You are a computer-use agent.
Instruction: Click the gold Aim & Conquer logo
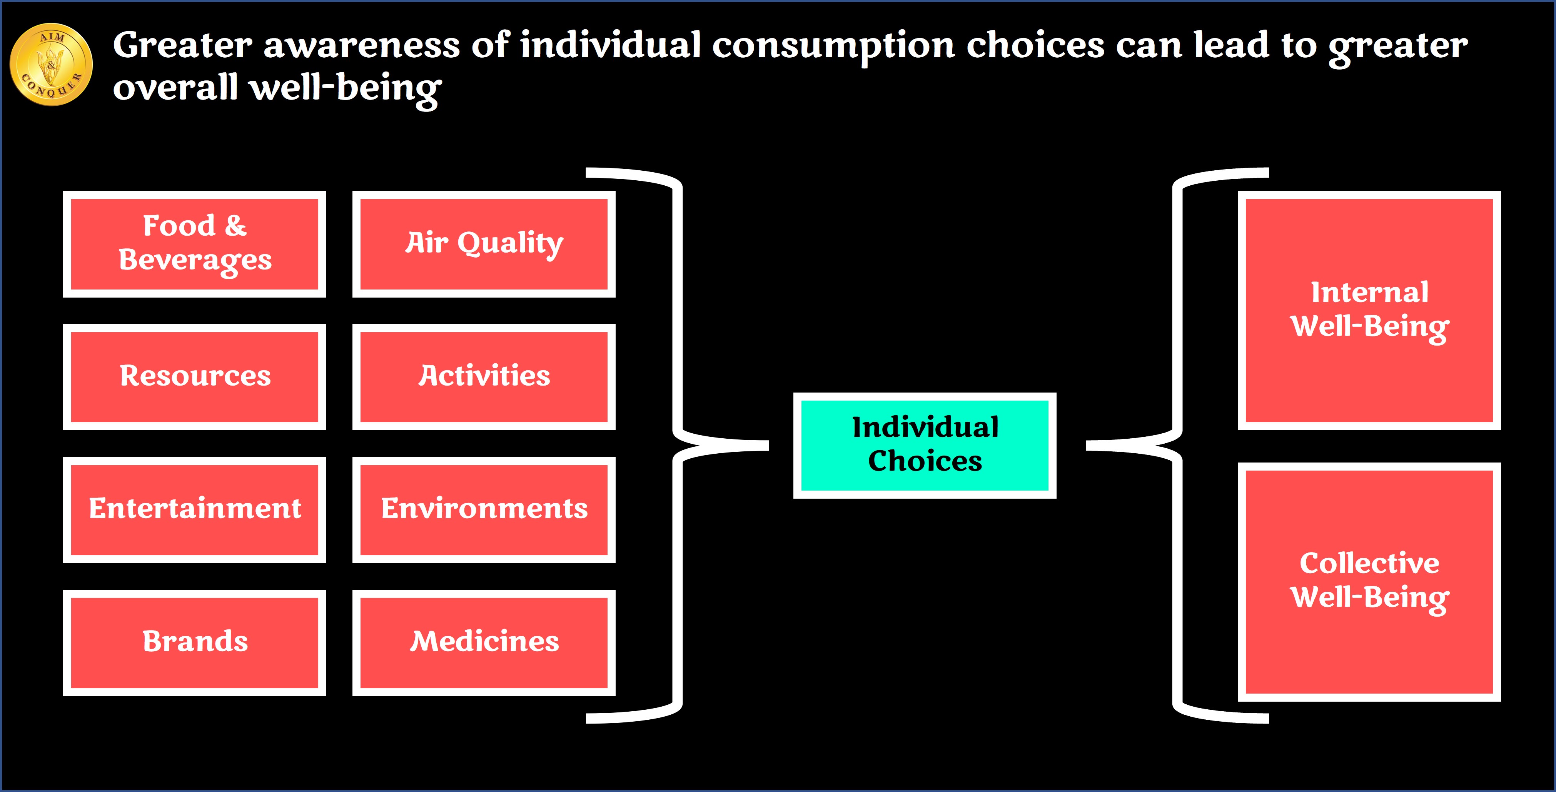(51, 65)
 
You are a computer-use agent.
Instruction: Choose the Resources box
(195, 377)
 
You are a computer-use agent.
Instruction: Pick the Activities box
(484, 377)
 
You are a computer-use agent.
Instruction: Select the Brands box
(195, 642)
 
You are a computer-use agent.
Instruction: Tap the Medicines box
(484, 642)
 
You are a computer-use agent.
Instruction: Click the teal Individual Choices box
(925, 446)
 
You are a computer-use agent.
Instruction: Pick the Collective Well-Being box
(1369, 582)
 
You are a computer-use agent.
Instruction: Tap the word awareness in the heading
(362, 47)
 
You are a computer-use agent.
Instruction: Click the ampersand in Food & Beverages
(236, 226)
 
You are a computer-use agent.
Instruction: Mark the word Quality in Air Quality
(511, 244)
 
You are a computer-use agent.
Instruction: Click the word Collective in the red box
(1369, 563)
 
